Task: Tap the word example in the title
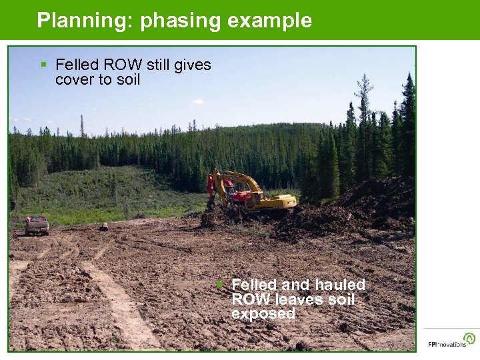[269, 21]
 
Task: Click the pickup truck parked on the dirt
[37, 225]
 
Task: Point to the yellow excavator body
[273, 201]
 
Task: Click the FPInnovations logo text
[447, 345]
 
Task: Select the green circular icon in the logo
[469, 338]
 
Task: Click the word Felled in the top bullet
[77, 65]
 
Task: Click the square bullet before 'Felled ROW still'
[43, 65]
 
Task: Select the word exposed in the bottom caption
[263, 314]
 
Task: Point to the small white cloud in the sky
[197, 102]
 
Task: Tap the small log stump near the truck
[104, 227]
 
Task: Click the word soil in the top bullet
[127, 80]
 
